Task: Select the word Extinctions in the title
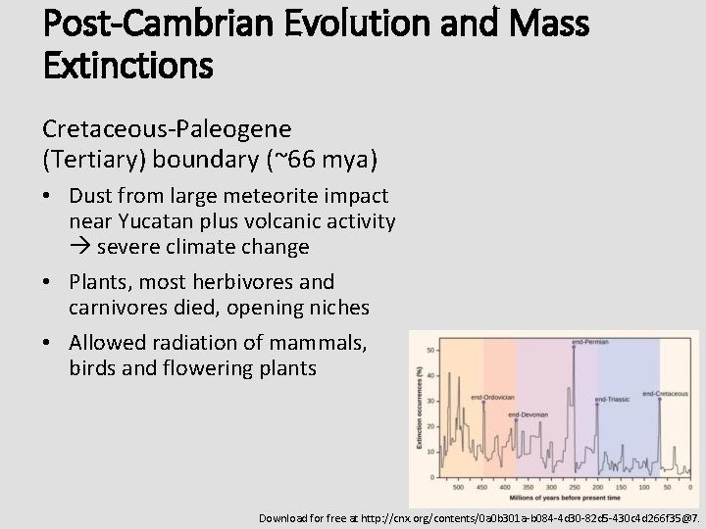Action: pos(127,66)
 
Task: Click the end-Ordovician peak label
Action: pos(493,397)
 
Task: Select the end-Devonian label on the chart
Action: pos(529,415)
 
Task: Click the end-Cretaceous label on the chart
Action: pos(665,394)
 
